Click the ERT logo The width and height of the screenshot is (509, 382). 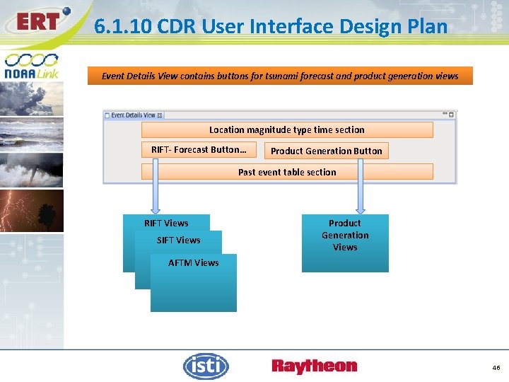[x=37, y=21]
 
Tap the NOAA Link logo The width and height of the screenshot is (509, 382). [x=31, y=66]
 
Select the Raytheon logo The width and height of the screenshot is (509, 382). [x=315, y=366]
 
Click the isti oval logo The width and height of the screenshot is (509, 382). [x=206, y=366]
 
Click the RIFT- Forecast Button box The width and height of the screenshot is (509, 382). [x=199, y=150]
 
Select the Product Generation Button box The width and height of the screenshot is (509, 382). [x=326, y=151]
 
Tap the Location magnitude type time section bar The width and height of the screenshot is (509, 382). [x=287, y=130]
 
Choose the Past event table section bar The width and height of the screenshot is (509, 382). [x=287, y=172]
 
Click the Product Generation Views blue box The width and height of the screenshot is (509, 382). [x=345, y=243]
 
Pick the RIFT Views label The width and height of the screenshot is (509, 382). [x=166, y=224]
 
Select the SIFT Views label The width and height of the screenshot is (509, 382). [x=178, y=241]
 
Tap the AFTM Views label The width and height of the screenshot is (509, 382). [x=194, y=263]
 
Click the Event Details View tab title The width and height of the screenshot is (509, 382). [x=133, y=115]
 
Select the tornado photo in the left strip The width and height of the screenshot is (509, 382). [x=32, y=170]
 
